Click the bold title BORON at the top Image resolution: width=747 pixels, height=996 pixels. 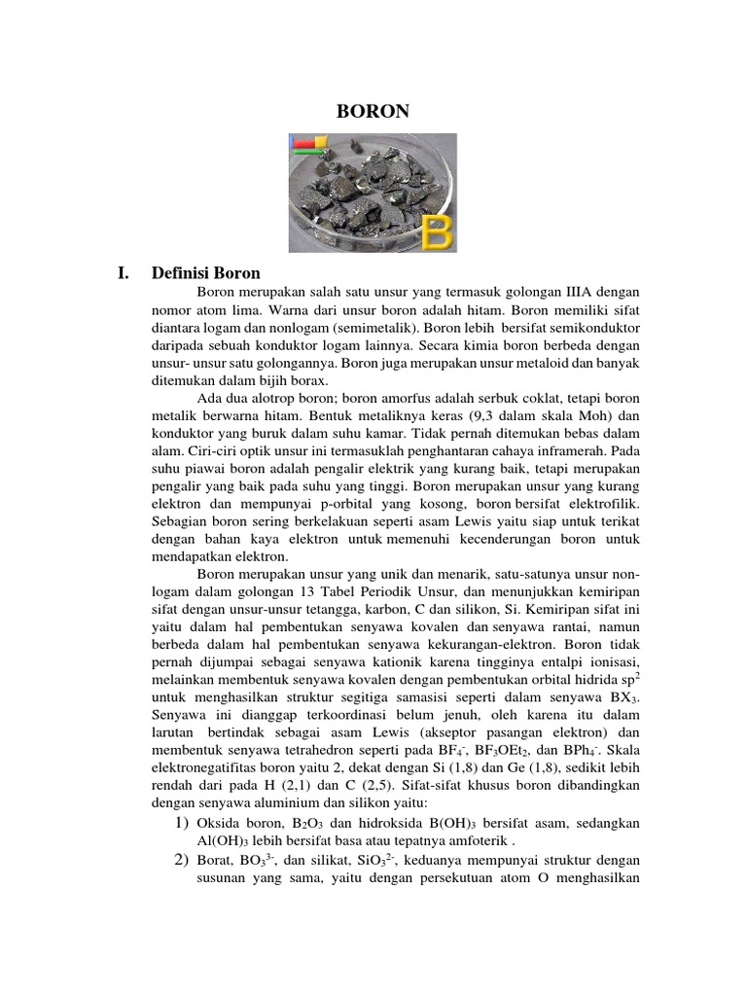pos(373,112)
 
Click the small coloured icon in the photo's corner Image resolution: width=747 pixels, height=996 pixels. pos(310,146)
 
